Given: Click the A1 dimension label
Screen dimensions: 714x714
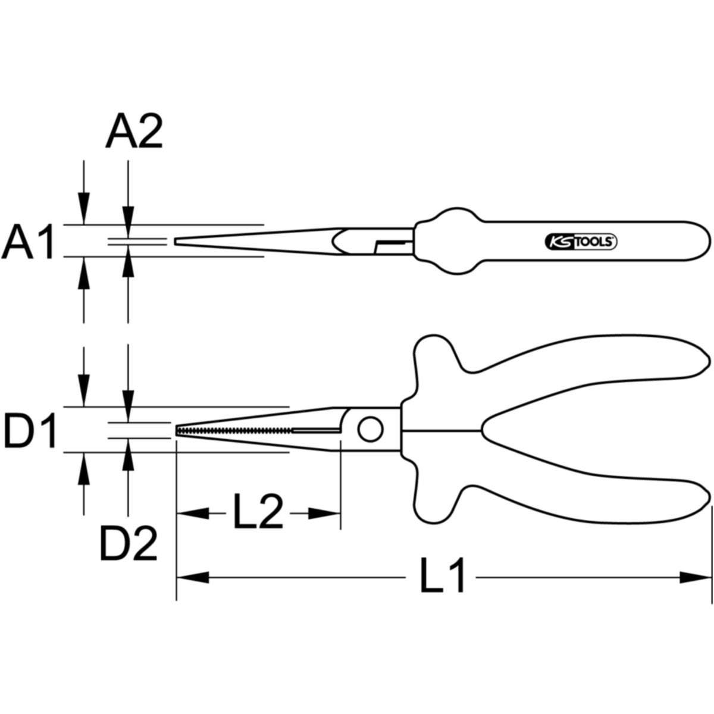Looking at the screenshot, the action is (x=29, y=241).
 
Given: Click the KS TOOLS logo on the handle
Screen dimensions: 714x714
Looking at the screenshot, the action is (x=581, y=242).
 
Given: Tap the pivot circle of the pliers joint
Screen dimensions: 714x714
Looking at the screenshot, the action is (x=370, y=430).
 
